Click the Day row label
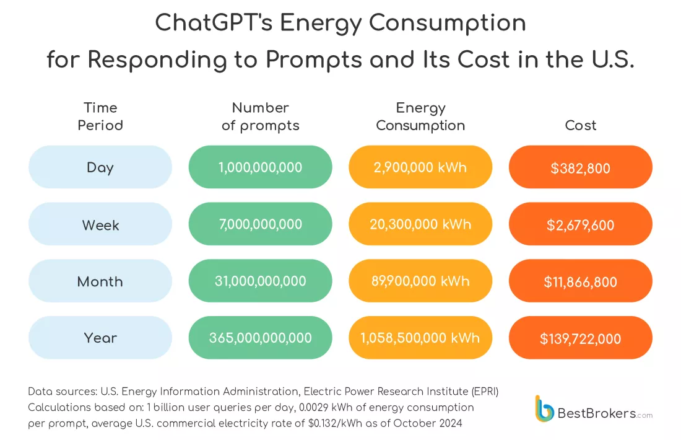click(x=100, y=167)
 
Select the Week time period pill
click(x=100, y=224)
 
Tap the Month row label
click(x=100, y=281)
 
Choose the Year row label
click(x=100, y=338)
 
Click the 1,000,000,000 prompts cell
click(x=260, y=167)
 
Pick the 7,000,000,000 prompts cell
click(x=260, y=224)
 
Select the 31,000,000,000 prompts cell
click(x=260, y=281)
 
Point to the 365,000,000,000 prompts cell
click(x=260, y=338)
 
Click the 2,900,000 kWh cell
click(x=420, y=167)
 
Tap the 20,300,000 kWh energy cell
click(x=420, y=224)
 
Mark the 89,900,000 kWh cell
click(x=420, y=281)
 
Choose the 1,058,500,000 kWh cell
click(x=420, y=338)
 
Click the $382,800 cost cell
click(x=580, y=167)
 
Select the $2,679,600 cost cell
click(x=580, y=224)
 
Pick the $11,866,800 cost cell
click(x=580, y=281)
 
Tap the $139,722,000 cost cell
click(x=580, y=338)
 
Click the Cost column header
click(x=580, y=125)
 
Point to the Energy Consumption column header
click(x=420, y=117)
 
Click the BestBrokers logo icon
click(x=545, y=409)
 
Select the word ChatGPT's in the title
click(x=213, y=24)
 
